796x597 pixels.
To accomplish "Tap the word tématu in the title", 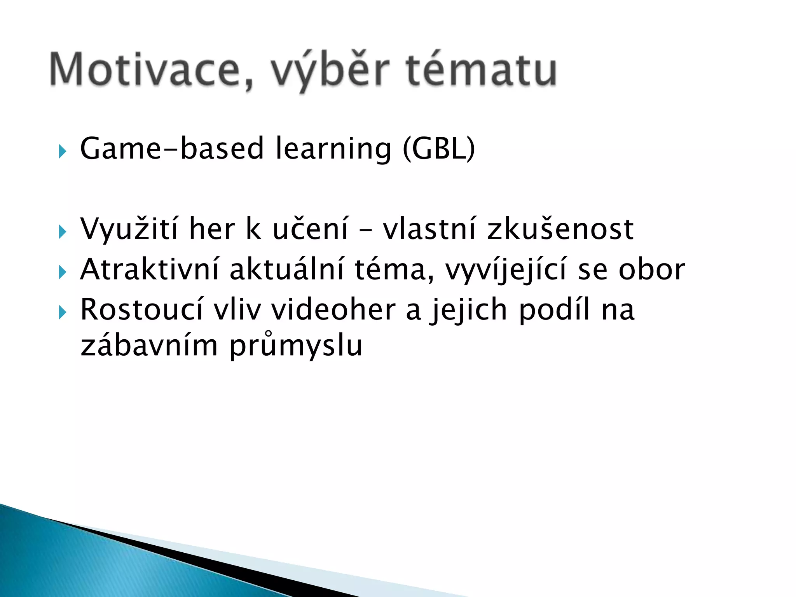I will coord(481,70).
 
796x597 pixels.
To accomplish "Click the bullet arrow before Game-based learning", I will coord(62,151).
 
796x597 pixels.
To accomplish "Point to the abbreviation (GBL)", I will coord(438,148).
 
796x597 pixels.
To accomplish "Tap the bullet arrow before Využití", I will coord(62,232).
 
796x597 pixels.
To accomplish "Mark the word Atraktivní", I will coord(150,269).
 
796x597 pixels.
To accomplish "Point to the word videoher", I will coord(333,310).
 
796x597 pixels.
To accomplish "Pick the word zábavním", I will coord(149,345).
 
